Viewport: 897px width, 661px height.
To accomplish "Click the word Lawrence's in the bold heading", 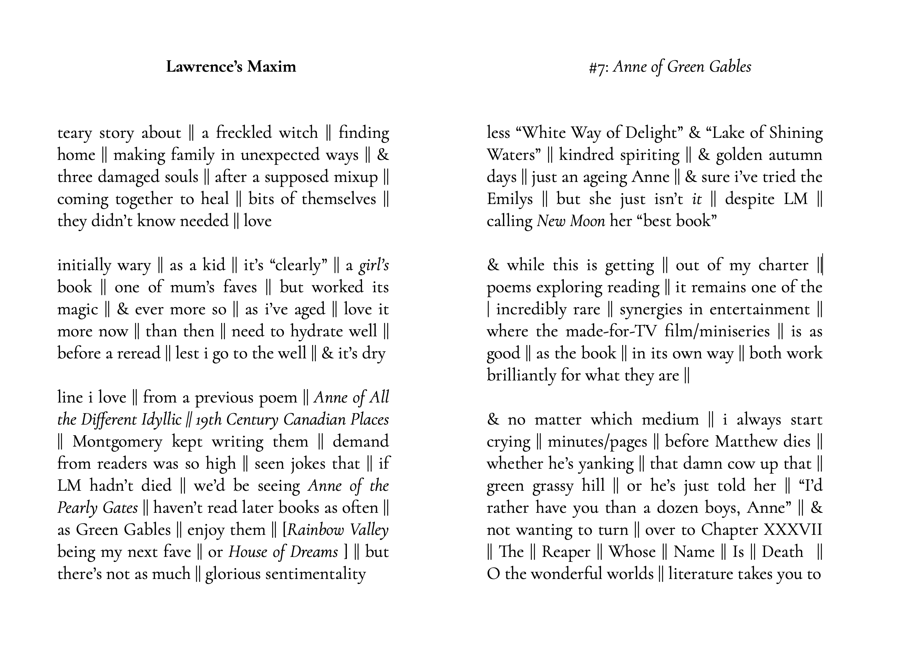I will click(x=204, y=67).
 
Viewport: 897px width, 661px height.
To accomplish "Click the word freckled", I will click(x=244, y=133).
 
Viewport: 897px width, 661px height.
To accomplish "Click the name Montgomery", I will click(x=117, y=442).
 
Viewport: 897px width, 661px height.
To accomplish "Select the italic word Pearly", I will click(x=77, y=508).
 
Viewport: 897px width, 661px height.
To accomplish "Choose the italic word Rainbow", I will click(x=316, y=530).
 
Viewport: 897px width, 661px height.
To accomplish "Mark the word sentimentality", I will click(x=286, y=574).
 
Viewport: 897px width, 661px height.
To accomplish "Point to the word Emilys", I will click(x=509, y=199).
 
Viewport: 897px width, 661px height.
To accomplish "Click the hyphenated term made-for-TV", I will click(x=611, y=332).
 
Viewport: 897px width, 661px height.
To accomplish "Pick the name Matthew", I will click(x=743, y=442).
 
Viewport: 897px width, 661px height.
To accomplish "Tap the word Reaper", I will click(x=566, y=552).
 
